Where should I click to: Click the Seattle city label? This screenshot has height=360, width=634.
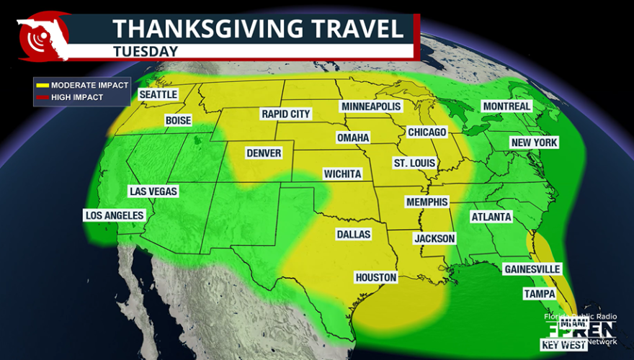coord(158,94)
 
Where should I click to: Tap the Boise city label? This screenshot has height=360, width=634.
coord(178,120)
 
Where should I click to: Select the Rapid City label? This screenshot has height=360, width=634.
coord(286,114)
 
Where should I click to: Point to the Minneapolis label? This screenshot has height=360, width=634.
coord(371,107)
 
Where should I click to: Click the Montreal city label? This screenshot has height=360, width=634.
coord(506,106)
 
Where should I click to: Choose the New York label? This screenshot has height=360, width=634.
coord(534,143)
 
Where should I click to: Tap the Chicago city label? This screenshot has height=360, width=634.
coord(427,132)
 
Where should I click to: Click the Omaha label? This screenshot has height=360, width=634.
coord(353,138)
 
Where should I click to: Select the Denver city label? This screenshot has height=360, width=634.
coord(264,153)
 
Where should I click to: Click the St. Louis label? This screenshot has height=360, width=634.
coord(414,163)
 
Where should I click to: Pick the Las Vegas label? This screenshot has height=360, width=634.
coord(153,192)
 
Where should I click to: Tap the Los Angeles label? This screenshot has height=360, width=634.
coord(115,215)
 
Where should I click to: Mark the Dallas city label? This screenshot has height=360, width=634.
coord(353,234)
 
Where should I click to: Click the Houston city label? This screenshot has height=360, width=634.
coord(376,277)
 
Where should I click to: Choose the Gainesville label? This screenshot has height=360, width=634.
coord(532,269)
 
